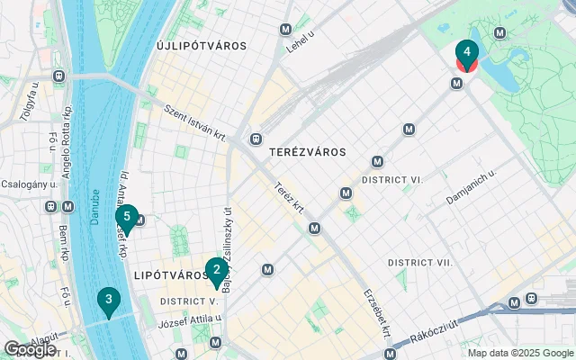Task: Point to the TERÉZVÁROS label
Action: [307, 152]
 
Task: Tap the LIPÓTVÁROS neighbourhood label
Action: [169, 274]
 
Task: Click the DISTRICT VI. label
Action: [392, 180]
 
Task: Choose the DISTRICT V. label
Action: [189, 301]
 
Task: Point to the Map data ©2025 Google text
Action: [519, 353]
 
